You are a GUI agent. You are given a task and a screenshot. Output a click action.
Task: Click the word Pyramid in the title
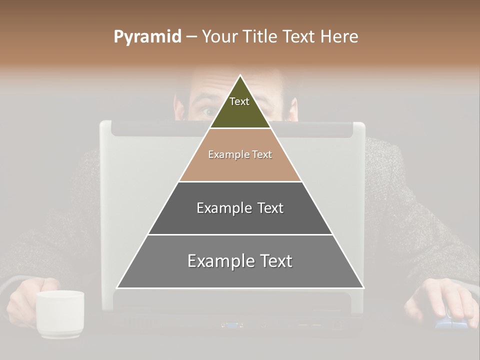click(147, 37)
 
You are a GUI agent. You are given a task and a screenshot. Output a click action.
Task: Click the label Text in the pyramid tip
click(239, 101)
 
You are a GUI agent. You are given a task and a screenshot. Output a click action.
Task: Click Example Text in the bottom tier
click(240, 261)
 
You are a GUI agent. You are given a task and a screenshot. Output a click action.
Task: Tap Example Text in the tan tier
click(240, 154)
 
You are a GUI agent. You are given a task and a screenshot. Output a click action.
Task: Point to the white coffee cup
click(59, 313)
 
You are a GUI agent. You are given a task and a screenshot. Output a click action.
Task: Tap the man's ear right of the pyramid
click(293, 109)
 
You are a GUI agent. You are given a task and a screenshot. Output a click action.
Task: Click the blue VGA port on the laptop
click(231, 325)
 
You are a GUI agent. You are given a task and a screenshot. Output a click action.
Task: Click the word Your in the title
click(220, 37)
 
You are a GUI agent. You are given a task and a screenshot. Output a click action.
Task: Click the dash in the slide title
click(191, 37)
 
